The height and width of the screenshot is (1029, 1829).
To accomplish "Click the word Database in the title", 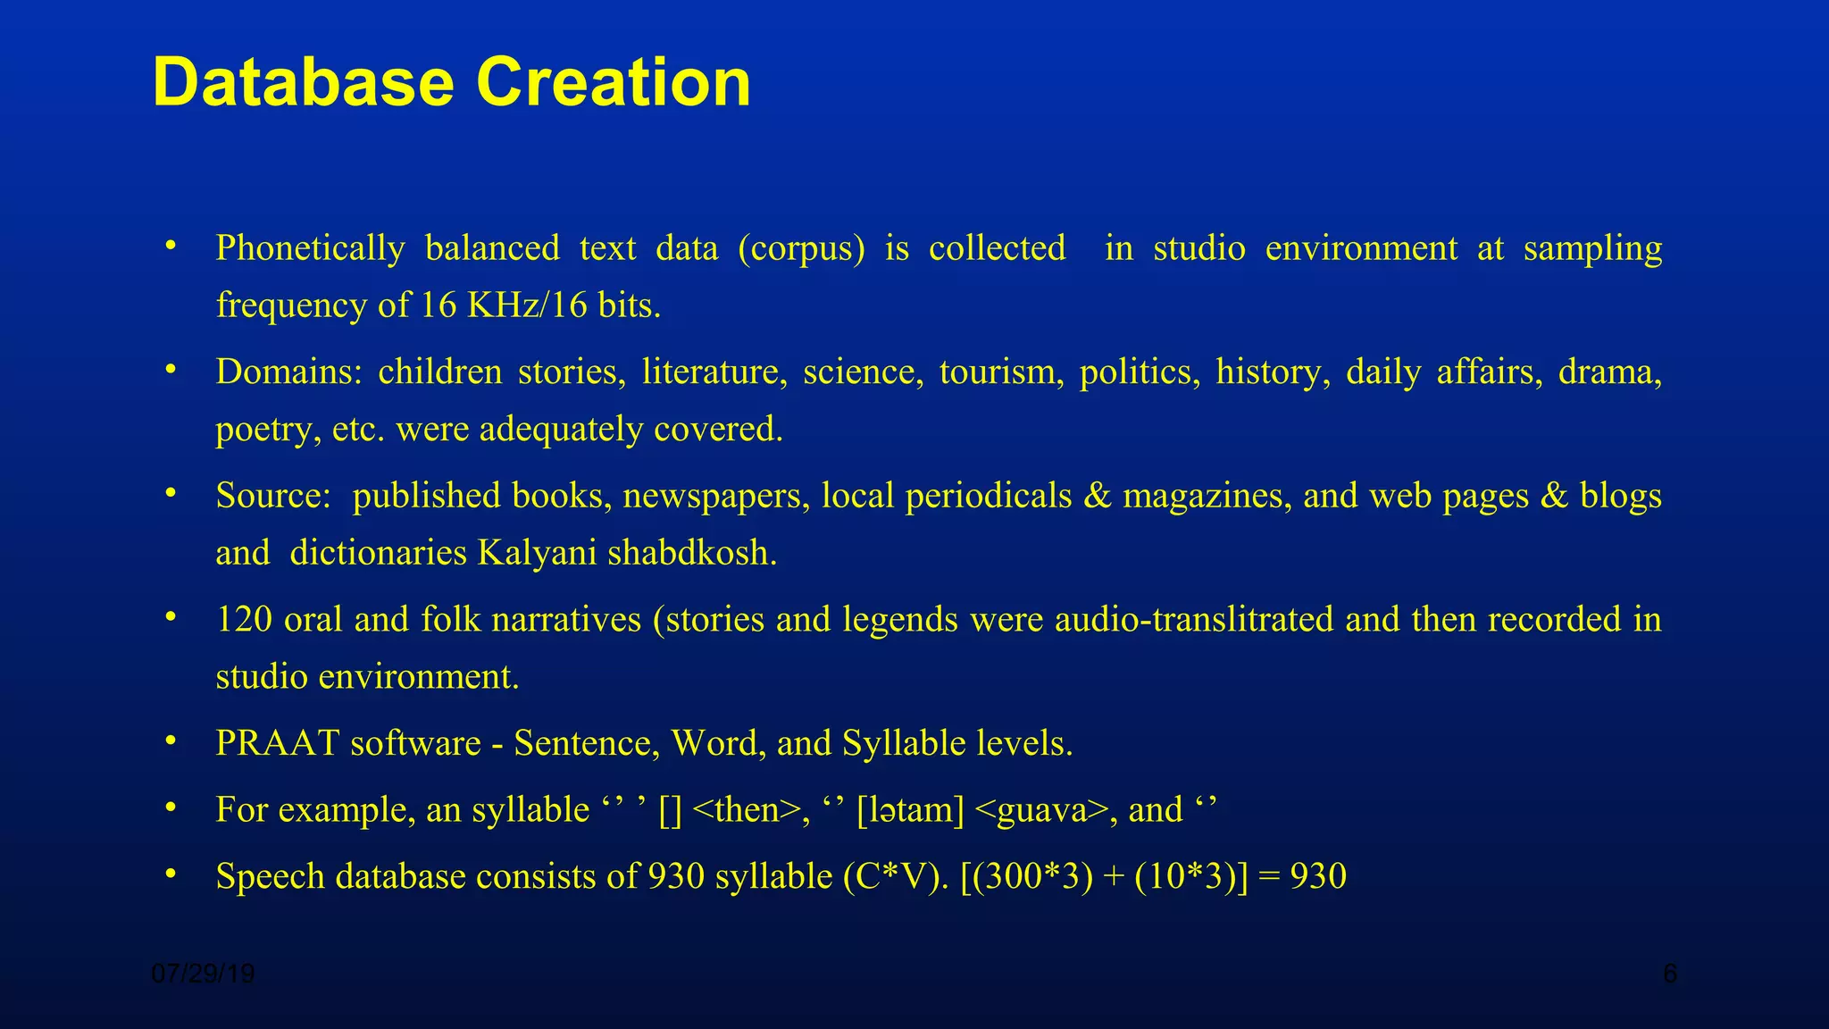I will [x=304, y=82].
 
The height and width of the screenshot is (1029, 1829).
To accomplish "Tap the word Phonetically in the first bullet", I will [x=310, y=248].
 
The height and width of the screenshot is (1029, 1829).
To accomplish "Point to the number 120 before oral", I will [x=244, y=619].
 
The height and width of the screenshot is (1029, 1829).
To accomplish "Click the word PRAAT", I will [x=277, y=743].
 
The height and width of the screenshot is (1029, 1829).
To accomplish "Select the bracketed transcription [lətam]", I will [x=910, y=810].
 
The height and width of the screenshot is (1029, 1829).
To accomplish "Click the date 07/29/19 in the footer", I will [x=204, y=974].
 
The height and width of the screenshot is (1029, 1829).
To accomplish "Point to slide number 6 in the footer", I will [x=1669, y=974].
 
